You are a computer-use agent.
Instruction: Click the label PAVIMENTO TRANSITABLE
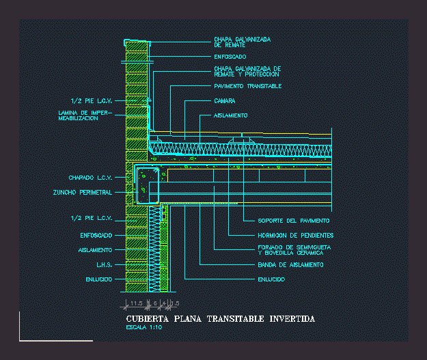(x=247, y=86)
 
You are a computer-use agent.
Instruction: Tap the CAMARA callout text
(x=225, y=100)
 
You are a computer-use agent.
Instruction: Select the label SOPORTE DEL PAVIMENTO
(x=294, y=221)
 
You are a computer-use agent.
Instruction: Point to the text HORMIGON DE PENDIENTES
(x=296, y=236)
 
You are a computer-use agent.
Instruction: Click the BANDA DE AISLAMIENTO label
(x=290, y=264)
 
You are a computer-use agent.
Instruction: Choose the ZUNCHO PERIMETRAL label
(x=82, y=193)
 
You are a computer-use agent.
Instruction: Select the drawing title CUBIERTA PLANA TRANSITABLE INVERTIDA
(x=221, y=319)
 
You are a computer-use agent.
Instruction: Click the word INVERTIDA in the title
(x=292, y=319)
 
